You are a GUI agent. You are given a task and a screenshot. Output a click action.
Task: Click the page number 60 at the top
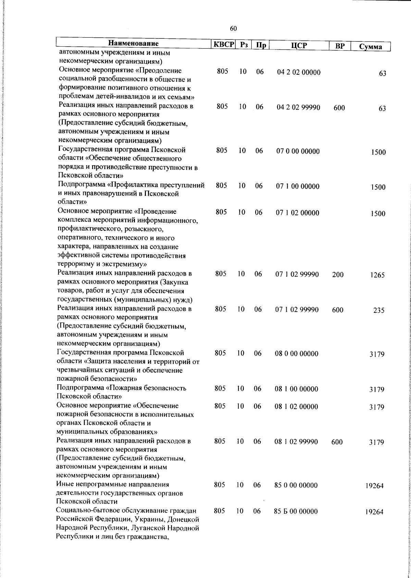click(x=233, y=29)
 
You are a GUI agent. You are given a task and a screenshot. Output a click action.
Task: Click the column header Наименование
click(x=133, y=44)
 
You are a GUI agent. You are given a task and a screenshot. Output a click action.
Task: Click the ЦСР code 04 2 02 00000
click(x=299, y=72)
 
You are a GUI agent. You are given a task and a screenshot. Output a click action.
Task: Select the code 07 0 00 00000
click(x=298, y=151)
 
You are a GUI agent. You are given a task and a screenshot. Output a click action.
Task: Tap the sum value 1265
click(x=377, y=275)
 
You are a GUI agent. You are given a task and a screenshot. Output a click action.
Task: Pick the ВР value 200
click(x=338, y=275)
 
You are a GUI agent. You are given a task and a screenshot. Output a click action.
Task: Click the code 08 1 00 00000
click(x=296, y=389)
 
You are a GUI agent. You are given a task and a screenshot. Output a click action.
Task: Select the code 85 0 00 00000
click(x=296, y=485)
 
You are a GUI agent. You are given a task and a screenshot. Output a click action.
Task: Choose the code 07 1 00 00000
click(x=298, y=186)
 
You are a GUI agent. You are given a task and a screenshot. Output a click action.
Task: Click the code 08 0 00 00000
click(x=296, y=354)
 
